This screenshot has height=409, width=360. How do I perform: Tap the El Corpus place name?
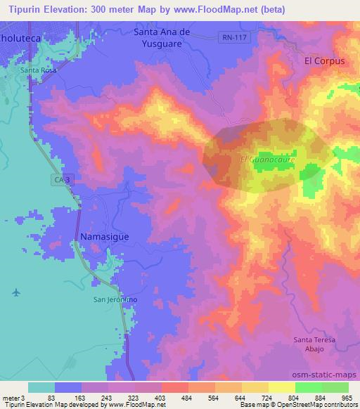(x=324, y=61)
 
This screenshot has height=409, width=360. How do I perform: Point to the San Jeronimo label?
(x=115, y=299)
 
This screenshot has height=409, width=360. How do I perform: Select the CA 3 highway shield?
(x=62, y=181)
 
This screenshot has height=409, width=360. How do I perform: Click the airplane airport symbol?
(x=16, y=292)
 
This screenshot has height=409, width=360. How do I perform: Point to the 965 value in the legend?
(x=347, y=397)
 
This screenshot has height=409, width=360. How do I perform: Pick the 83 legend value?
(x=51, y=397)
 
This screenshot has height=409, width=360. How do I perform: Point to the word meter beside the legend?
(x=10, y=397)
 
